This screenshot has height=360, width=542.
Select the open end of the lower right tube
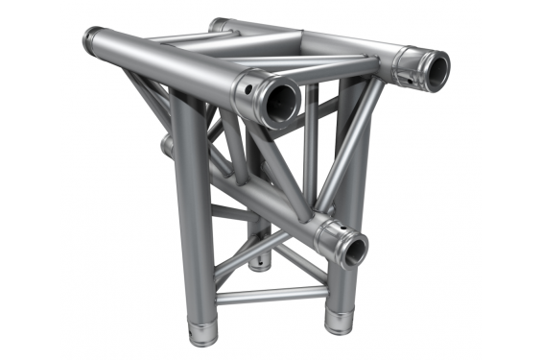354,251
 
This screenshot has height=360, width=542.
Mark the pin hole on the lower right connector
332,236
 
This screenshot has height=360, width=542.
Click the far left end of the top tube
93,41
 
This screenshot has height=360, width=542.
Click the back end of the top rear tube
220,24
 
